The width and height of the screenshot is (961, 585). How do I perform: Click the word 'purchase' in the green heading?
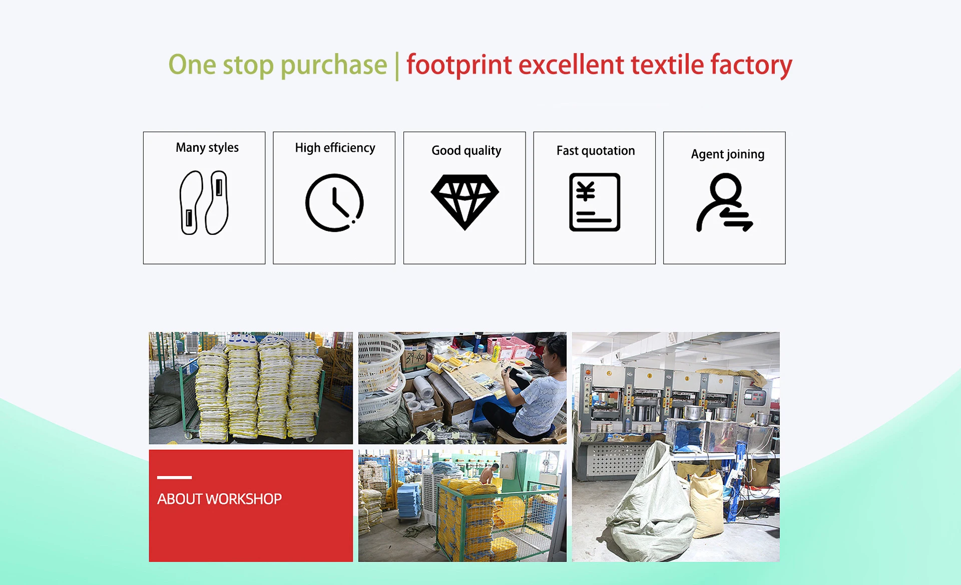tap(334, 66)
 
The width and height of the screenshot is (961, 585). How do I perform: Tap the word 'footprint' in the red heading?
tap(459, 66)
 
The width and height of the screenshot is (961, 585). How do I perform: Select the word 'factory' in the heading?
tap(751, 66)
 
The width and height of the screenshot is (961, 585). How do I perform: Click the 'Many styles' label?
tap(207, 148)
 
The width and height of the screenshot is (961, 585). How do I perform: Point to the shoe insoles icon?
tap(204, 202)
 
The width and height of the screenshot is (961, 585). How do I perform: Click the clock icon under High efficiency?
tap(334, 202)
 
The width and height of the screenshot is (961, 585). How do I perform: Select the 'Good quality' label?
tap(466, 151)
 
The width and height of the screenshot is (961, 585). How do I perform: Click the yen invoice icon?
tap(595, 202)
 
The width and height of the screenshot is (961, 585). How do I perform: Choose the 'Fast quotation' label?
tap(596, 151)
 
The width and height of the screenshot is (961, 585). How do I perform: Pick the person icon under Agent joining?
tap(724, 202)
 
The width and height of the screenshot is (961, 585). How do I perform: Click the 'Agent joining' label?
tap(728, 154)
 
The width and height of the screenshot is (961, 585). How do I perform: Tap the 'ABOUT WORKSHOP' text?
tap(219, 499)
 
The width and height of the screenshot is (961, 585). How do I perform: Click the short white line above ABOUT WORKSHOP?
tap(174, 477)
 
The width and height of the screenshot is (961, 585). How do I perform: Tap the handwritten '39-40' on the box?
tap(415, 358)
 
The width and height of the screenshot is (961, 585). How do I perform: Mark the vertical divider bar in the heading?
tap(397, 66)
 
